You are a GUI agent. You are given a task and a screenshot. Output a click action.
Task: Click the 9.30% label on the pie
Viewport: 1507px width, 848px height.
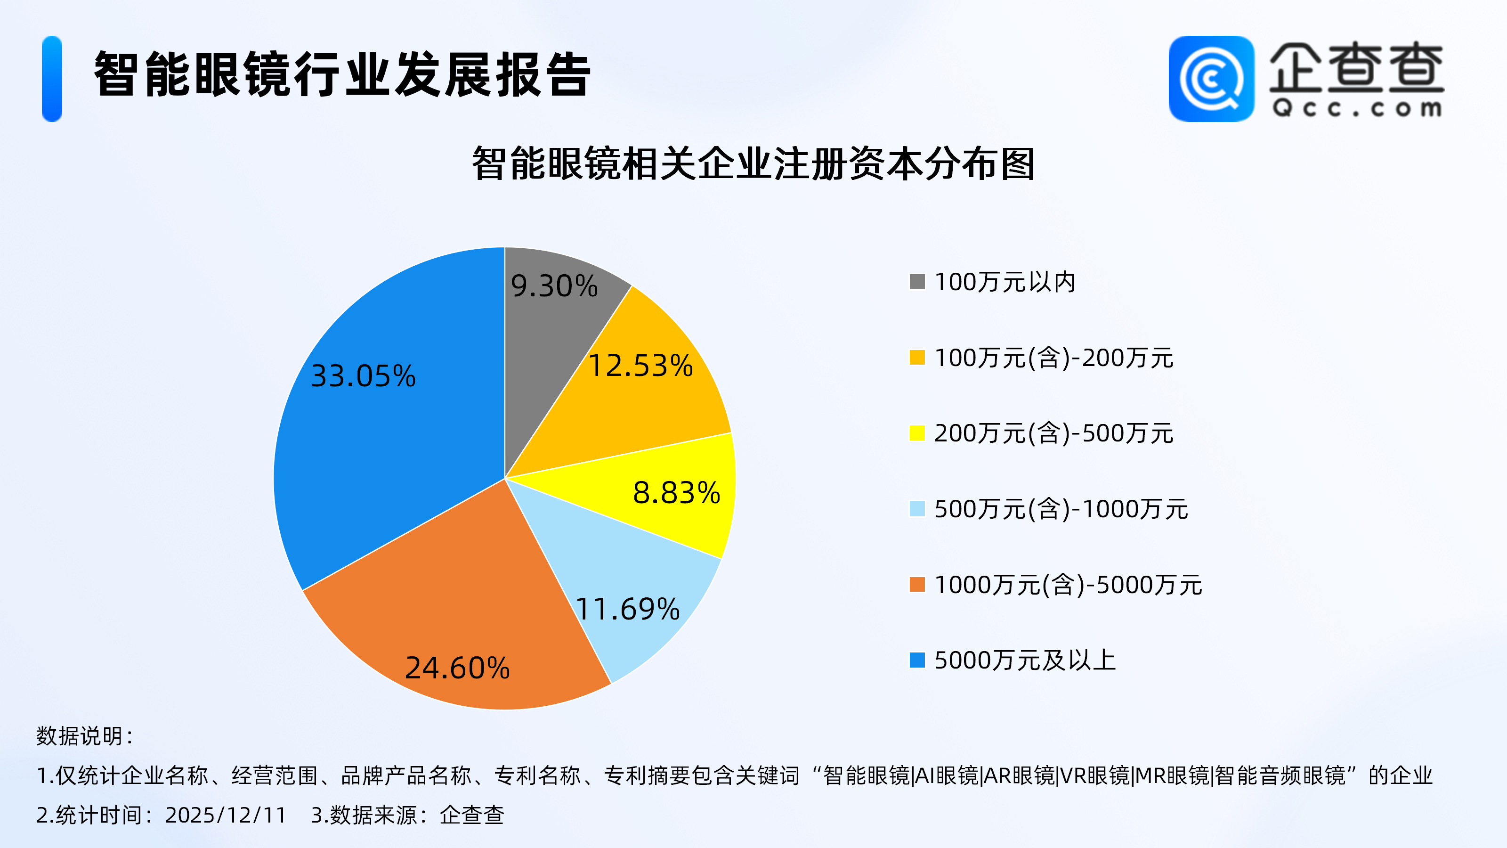(554, 286)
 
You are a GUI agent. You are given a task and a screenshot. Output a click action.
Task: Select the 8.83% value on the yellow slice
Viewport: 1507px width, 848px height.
(676, 493)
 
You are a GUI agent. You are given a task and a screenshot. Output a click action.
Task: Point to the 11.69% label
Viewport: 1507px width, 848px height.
(628, 609)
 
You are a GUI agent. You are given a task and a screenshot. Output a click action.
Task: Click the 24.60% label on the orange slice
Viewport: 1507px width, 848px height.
(457, 668)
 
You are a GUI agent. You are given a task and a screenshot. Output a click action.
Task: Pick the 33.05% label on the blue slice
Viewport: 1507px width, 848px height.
(363, 376)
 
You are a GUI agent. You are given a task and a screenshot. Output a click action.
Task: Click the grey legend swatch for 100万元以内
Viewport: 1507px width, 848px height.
(917, 282)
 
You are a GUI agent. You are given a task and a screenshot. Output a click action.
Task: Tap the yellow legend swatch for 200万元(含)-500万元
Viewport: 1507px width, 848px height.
(917, 433)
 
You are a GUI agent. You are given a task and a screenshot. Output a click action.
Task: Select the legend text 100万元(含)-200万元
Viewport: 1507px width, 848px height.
(1053, 358)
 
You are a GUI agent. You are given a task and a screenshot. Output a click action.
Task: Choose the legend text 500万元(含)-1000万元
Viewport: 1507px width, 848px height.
(1061, 509)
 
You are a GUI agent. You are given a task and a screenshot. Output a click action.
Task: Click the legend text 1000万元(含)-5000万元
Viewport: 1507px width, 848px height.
(1068, 585)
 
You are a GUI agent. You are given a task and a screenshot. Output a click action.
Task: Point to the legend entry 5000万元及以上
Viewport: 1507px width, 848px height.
(1025, 660)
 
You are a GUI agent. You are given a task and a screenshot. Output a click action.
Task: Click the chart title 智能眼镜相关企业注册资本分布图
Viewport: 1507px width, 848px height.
(753, 164)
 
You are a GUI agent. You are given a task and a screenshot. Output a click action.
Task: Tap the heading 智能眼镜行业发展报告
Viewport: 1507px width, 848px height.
(342, 74)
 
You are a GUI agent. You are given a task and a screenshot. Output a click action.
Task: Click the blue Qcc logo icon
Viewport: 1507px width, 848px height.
(1211, 79)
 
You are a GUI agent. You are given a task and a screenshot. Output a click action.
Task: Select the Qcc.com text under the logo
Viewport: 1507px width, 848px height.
(1357, 109)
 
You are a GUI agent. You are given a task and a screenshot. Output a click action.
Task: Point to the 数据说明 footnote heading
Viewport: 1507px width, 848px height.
(85, 736)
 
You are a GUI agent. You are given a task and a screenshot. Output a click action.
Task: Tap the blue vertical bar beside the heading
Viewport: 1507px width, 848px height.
(52, 79)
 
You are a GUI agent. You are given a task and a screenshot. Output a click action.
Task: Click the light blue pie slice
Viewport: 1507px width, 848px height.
(632, 573)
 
